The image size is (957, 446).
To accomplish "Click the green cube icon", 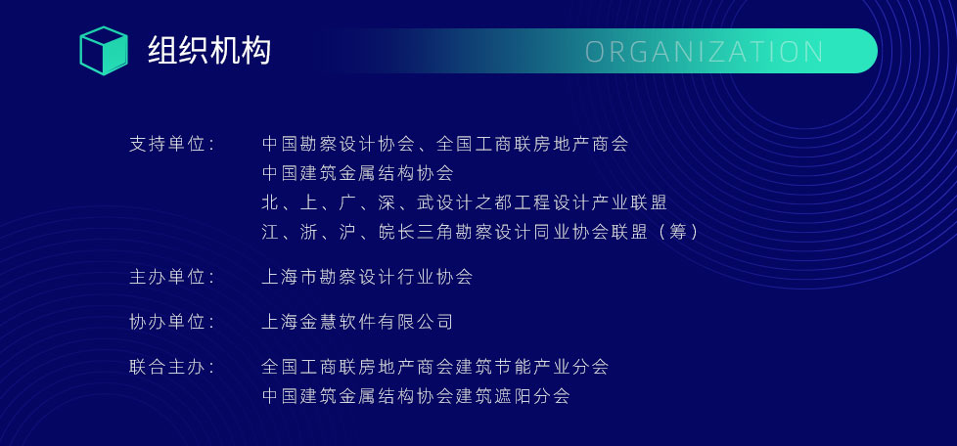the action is click(x=104, y=51).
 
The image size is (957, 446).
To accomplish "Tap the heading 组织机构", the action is click(x=209, y=51).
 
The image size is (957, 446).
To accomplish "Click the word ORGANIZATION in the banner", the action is click(x=705, y=52).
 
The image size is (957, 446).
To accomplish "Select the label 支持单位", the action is click(x=171, y=144).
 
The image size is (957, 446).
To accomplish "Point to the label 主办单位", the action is click(x=171, y=277).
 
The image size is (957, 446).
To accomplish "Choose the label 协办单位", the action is click(x=171, y=322).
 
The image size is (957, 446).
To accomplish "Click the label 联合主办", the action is click(x=171, y=367).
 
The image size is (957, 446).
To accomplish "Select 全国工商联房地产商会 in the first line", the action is click(x=533, y=144).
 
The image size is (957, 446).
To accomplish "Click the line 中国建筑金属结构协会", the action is click(x=358, y=173).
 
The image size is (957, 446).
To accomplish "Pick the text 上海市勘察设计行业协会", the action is click(x=367, y=277).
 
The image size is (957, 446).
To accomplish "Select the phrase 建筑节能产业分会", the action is click(x=532, y=367).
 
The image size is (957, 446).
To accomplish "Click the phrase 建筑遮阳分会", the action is click(x=513, y=396).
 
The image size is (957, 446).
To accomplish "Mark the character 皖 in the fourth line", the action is click(x=387, y=232).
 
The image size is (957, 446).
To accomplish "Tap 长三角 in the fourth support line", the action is click(x=427, y=232).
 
